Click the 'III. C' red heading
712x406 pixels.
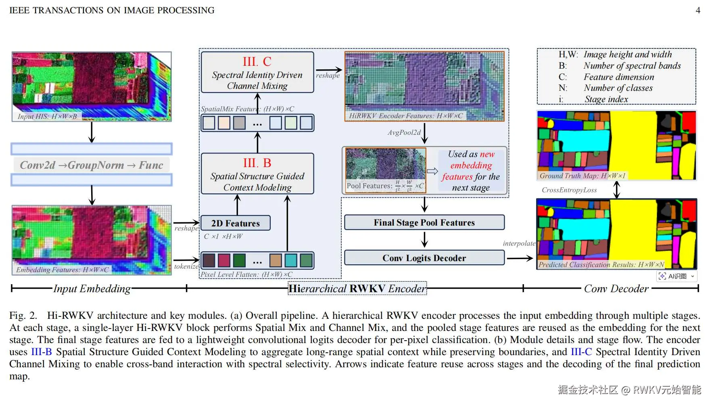(257, 62)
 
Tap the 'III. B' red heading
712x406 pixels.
(257, 163)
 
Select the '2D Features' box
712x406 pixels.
(236, 223)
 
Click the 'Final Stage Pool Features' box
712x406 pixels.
(424, 222)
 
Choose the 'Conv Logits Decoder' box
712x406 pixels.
(424, 258)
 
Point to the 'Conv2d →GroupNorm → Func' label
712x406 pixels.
(92, 165)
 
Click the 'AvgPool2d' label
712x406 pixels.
(404, 132)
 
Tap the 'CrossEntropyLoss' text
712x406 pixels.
(569, 190)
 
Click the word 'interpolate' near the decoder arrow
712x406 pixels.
(519, 243)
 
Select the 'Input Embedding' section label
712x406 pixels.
(92, 289)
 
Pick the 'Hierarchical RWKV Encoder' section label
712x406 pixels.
(357, 289)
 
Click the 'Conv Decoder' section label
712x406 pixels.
(616, 289)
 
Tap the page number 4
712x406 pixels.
(698, 10)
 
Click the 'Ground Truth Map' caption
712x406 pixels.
(582, 176)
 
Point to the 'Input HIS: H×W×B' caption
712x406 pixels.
(47, 116)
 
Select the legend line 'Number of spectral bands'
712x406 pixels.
(632, 66)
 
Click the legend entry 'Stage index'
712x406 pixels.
(606, 99)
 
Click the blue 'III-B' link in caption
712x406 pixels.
(42, 352)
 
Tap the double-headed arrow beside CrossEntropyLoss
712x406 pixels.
(616, 190)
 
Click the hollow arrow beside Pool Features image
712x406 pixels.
(432, 171)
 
